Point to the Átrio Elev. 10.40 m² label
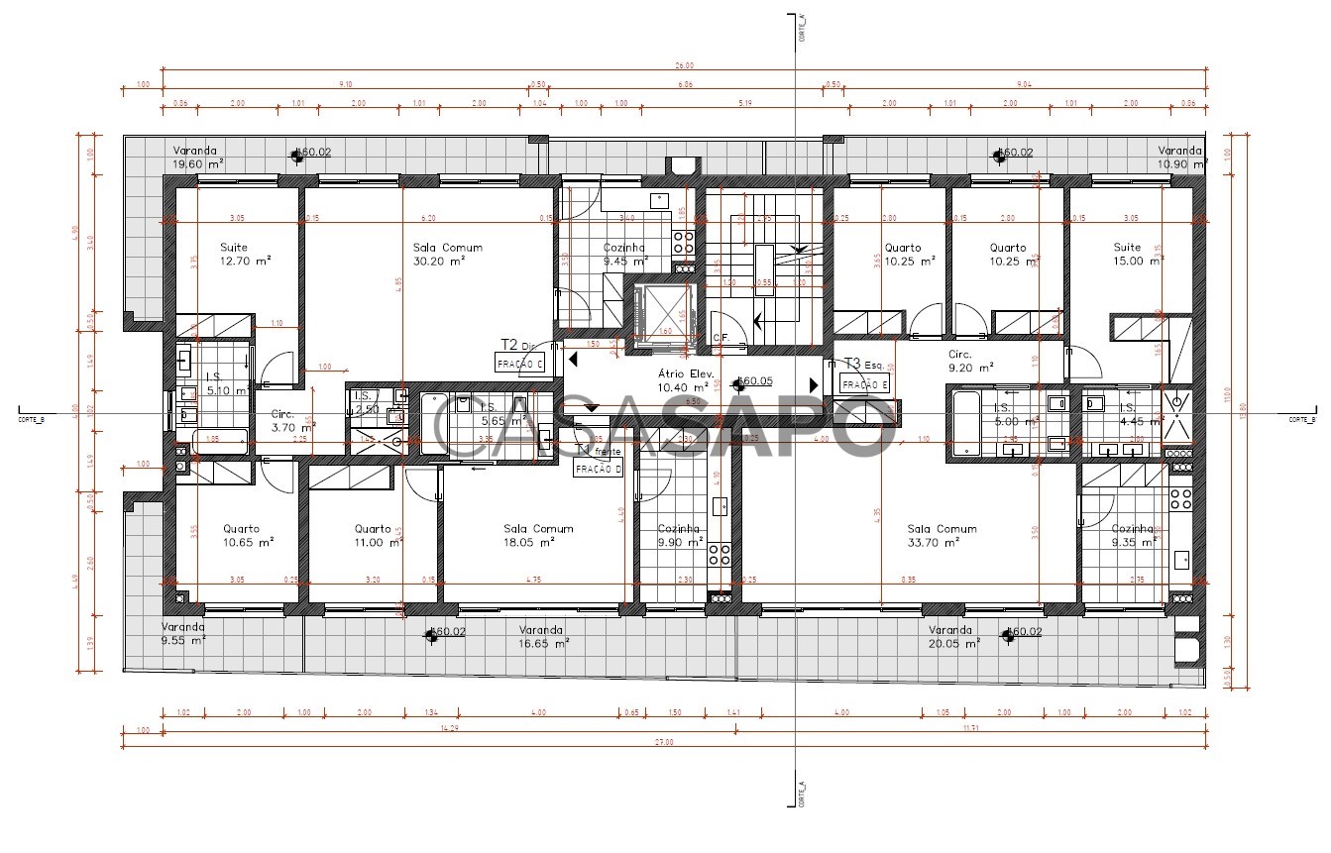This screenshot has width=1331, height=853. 686,380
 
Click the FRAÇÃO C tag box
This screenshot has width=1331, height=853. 522,364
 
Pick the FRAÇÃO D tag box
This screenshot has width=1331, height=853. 599,469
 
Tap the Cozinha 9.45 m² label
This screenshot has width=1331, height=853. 624,255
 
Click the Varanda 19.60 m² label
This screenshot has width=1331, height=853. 198,157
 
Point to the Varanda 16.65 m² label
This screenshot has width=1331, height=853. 543,636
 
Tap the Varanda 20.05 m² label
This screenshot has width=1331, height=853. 953,636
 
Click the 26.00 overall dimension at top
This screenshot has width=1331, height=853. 684,65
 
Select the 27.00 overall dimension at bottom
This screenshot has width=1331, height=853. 664,742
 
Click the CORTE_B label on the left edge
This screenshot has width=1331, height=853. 31,419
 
